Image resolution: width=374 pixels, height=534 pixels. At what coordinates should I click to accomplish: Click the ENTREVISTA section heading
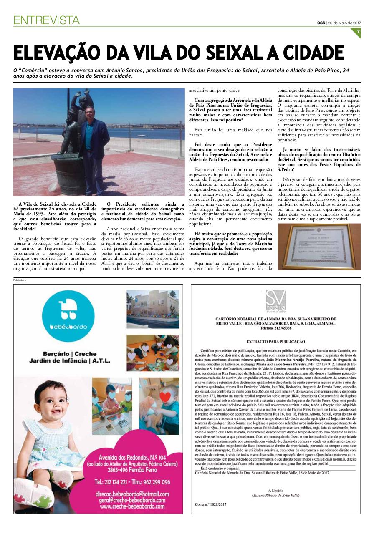click(x=46, y=20)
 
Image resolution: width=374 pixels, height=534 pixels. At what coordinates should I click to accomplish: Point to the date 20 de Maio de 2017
click(x=344, y=23)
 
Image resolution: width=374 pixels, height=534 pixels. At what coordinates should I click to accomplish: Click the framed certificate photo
click(x=319, y=247)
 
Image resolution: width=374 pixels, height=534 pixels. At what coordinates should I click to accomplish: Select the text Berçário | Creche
click(x=73, y=354)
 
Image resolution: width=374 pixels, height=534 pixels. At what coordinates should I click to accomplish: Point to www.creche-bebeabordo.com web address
click(x=132, y=506)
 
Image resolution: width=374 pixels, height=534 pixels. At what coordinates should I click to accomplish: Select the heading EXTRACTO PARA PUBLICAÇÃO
click(x=275, y=341)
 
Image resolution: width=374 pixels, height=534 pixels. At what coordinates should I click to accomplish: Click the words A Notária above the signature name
click(x=275, y=491)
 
